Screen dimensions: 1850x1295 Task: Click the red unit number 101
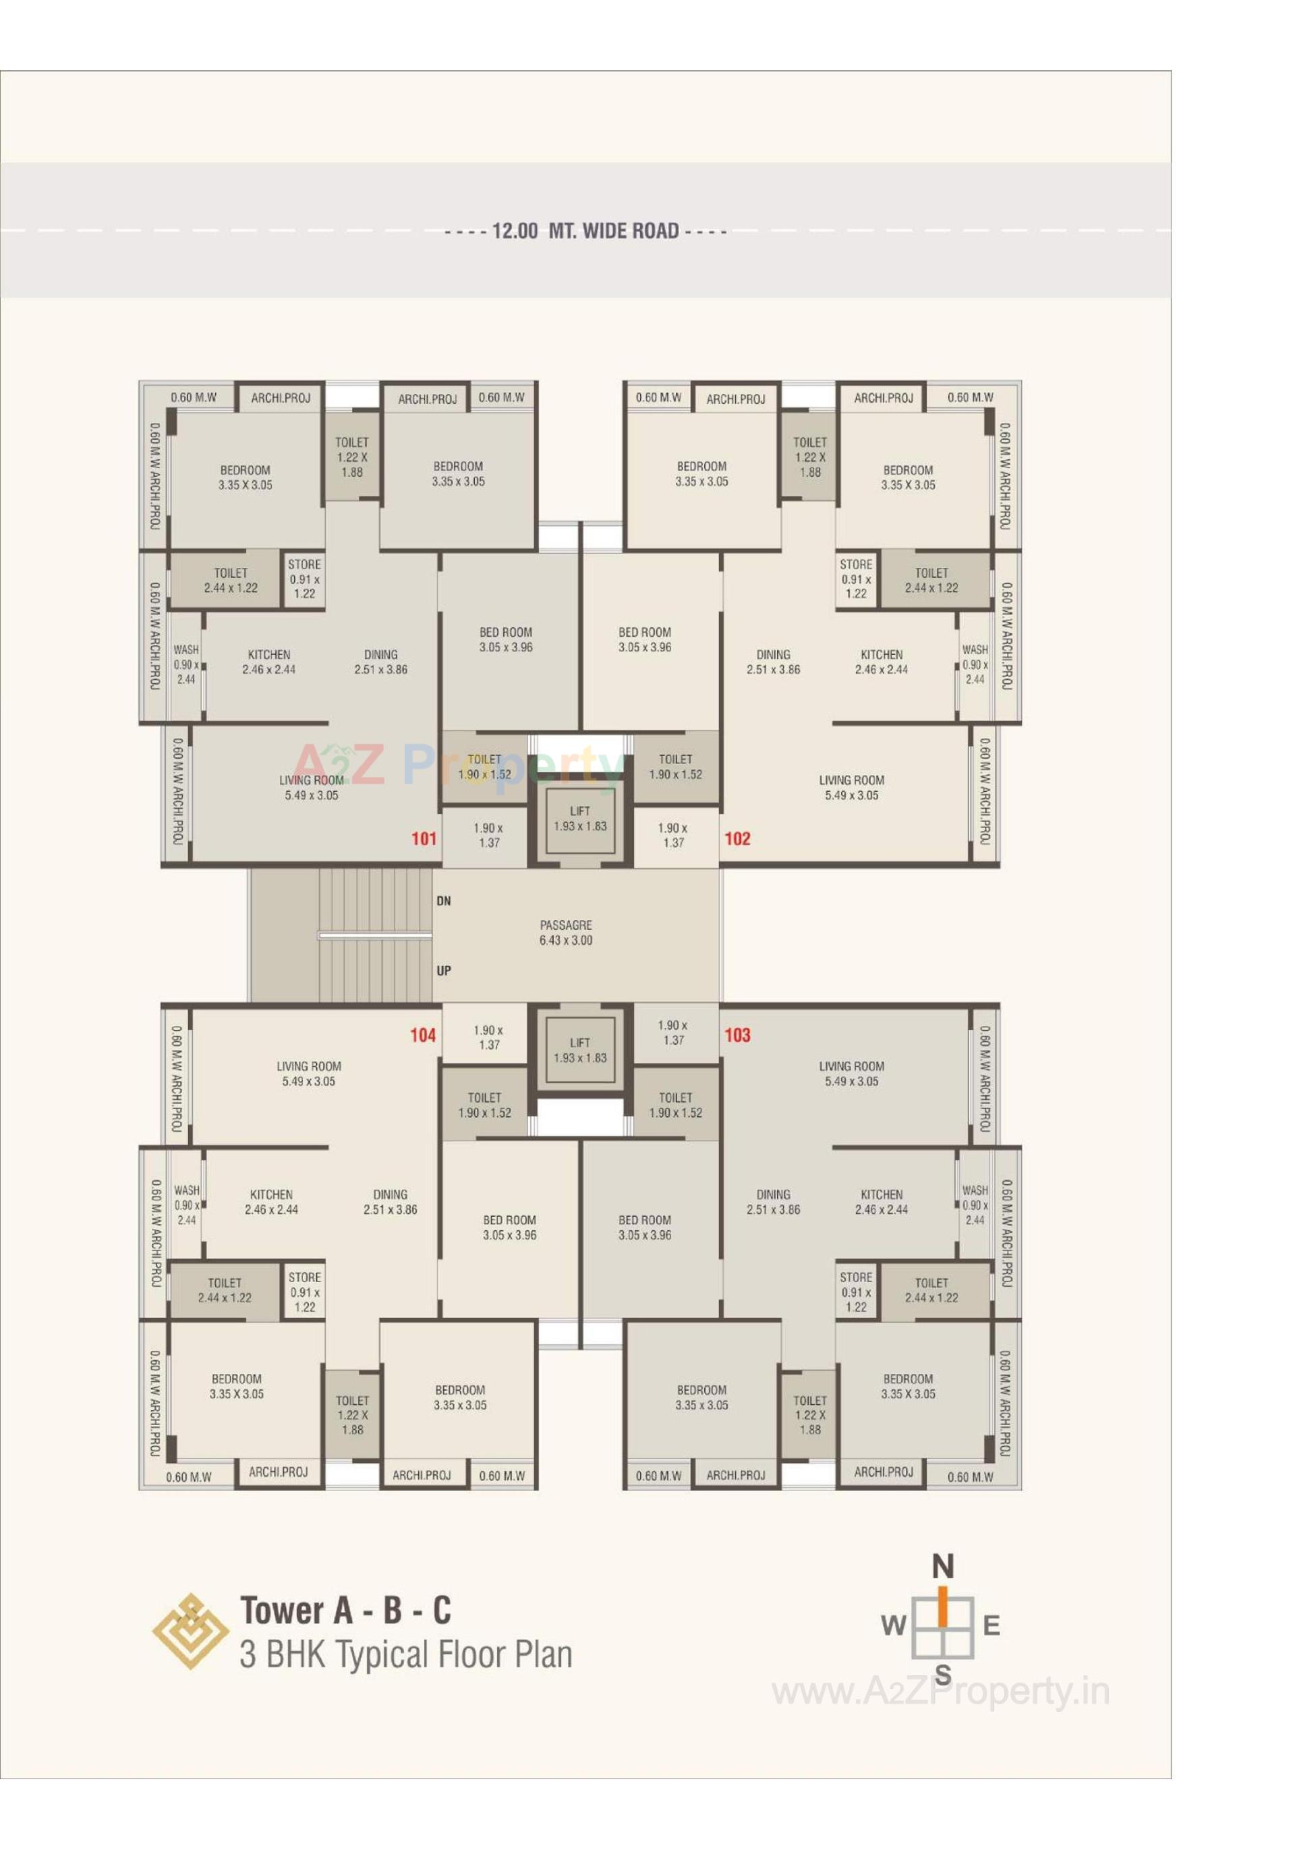pos(423,839)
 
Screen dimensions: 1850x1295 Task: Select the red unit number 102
pos(737,839)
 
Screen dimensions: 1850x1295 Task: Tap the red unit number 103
pos(737,1035)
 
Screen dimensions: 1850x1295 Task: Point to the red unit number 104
pos(423,1035)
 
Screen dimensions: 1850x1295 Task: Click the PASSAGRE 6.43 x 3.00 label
pos(566,932)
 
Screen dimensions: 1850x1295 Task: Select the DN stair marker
pos(443,901)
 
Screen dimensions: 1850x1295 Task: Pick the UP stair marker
pos(443,971)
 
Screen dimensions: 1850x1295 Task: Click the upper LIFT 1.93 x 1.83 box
pos(579,819)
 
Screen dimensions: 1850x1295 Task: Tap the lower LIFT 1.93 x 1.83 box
pos(579,1050)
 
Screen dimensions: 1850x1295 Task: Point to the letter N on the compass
pos(942,1567)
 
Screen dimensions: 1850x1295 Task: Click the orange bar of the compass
pos(942,1607)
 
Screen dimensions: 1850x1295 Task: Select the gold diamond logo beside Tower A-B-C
pos(186,1630)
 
